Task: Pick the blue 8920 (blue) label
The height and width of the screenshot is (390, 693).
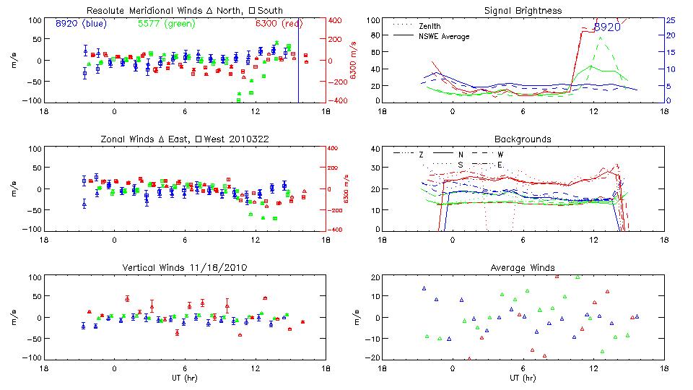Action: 81,23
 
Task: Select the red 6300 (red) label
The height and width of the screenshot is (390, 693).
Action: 279,23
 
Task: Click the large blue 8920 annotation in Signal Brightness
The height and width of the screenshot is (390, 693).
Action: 607,27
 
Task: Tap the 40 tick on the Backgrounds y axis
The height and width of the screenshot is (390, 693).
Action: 375,149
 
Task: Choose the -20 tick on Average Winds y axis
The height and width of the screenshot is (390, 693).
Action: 373,358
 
